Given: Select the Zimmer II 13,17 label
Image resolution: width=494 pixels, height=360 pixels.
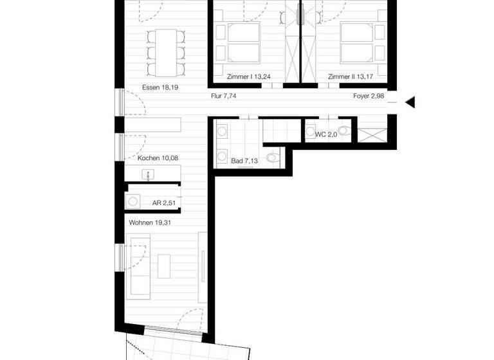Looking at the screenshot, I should tap(350, 77).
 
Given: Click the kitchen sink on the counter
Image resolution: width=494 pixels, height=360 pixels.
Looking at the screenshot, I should tap(149, 174).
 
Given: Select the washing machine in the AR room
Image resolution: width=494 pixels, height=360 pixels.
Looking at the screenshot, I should tap(133, 201).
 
